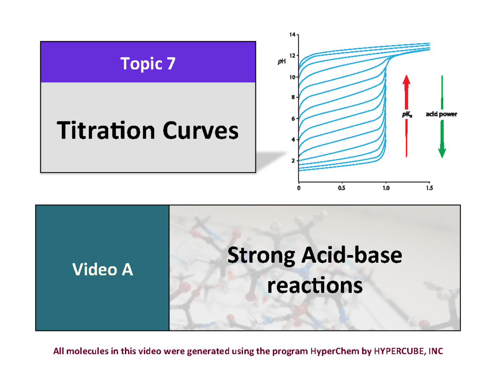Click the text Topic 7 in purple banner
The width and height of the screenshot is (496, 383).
pyautogui.click(x=148, y=64)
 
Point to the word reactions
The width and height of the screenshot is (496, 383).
pyautogui.click(x=315, y=285)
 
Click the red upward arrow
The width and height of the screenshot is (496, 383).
pyautogui.click(x=407, y=116)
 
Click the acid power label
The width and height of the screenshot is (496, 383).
pyautogui.click(x=441, y=114)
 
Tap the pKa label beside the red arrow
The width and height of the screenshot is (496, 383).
pyautogui.click(x=408, y=115)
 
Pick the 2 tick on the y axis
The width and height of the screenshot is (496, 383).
pyautogui.click(x=293, y=161)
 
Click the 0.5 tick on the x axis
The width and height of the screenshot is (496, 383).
pyautogui.click(x=341, y=188)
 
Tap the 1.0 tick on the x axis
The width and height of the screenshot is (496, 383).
pyautogui.click(x=385, y=188)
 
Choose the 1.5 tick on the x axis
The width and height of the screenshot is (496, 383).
pyautogui.click(x=429, y=188)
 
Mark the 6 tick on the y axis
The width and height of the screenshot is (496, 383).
pyautogui.click(x=293, y=119)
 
